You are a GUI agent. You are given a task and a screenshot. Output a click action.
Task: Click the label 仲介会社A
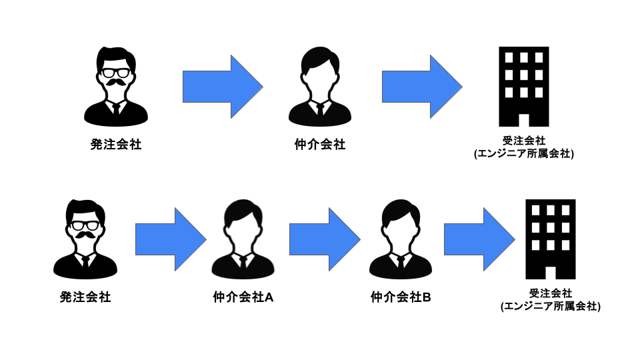pos(243,297)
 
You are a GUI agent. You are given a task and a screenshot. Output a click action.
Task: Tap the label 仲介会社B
pos(401,297)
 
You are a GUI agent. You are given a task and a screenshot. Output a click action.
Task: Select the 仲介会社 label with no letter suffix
pos(320,144)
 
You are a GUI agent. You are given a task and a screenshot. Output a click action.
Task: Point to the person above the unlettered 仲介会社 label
pos(320,86)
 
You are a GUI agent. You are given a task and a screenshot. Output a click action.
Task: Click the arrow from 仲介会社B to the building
pos(479,239)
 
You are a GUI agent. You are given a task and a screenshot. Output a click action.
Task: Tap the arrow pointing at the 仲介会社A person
pos(171,239)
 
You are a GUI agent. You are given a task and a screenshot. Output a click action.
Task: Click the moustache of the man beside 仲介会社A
pos(85,237)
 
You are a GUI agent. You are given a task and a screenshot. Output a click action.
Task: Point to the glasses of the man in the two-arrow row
pos(116,72)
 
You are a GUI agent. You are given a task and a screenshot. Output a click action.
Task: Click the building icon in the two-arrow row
pos(523,87)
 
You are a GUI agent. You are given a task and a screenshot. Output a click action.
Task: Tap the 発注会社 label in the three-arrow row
pos(85,297)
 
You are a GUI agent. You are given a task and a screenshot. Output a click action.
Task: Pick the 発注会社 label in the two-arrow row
pos(116,144)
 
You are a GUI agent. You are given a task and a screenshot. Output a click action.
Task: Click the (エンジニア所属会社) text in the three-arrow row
pos(551,307)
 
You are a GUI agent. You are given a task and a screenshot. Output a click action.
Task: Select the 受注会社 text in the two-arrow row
pos(524,141)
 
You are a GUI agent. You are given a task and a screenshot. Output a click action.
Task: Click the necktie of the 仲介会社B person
pos(400,261)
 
